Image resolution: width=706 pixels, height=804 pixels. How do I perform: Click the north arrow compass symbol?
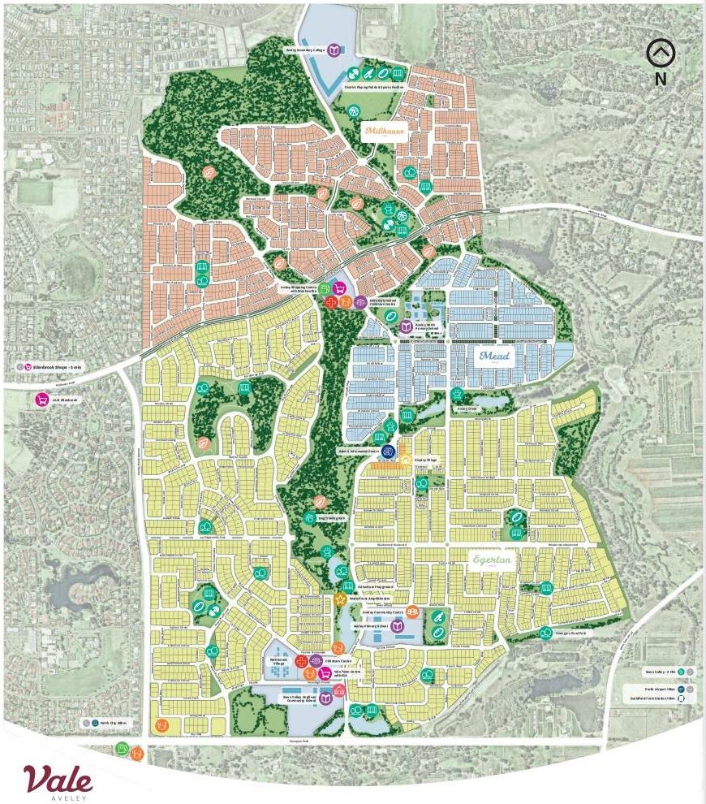pos(661,54)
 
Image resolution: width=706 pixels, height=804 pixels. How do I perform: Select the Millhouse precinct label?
pos(383,131)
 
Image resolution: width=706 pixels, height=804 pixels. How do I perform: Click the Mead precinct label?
pos(495,356)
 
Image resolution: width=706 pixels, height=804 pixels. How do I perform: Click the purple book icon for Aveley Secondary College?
pos(332,50)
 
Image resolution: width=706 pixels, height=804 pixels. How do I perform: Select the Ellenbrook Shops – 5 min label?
pos(50,367)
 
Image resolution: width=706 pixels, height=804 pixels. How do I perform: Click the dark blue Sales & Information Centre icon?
pos(389,451)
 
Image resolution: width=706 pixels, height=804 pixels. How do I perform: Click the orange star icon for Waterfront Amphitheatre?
pos(341,599)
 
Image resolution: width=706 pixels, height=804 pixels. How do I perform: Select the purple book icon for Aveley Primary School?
pos(397,627)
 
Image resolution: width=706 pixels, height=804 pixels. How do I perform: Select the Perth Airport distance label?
pos(658,686)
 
